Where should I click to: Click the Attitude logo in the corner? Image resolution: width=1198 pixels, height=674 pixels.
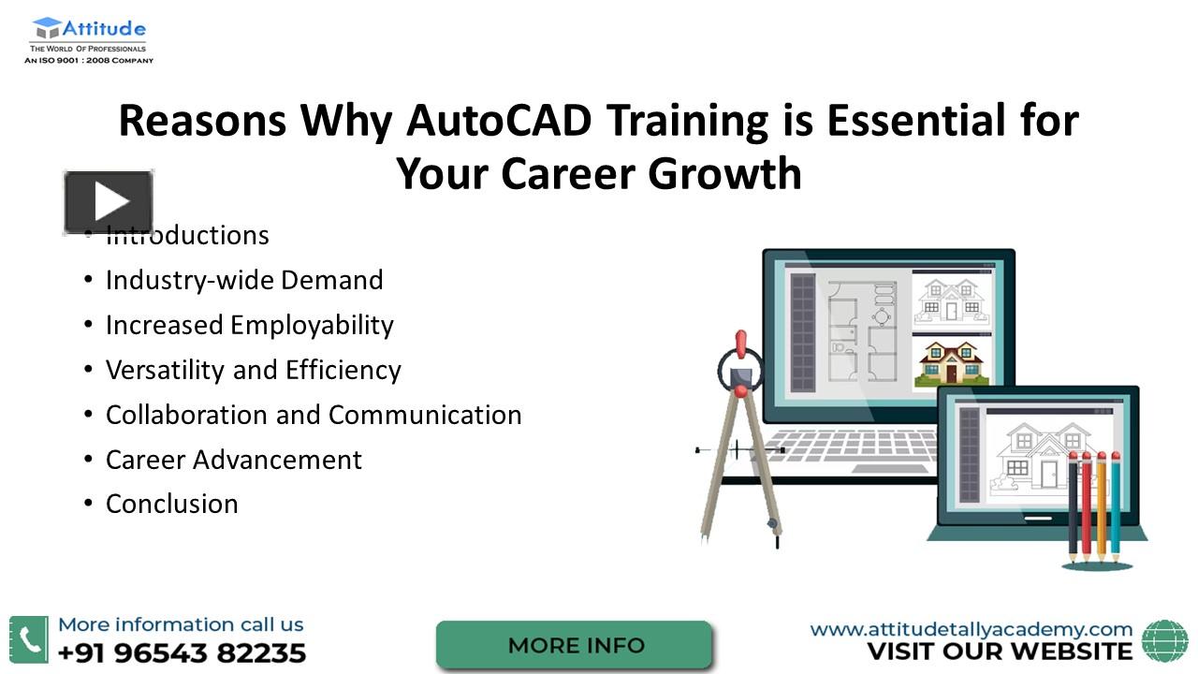tap(89, 40)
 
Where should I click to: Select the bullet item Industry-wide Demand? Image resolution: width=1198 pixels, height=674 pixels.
tap(244, 280)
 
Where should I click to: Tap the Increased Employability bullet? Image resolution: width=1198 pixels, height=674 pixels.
tap(249, 325)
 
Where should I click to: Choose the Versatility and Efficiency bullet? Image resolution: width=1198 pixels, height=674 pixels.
tap(253, 370)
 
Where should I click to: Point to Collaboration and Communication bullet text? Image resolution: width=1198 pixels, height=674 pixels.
tap(314, 415)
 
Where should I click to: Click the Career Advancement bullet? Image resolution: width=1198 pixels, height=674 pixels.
tap(233, 460)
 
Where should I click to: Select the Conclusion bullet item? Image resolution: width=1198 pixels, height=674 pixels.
tap(171, 504)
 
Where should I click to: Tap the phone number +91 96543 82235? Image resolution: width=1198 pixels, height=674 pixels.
tap(182, 652)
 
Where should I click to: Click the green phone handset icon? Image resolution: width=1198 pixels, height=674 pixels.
tap(29, 639)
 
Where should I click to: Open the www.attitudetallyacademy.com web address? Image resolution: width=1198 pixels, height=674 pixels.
tap(971, 629)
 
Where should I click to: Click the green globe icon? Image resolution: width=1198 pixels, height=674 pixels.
tap(1164, 640)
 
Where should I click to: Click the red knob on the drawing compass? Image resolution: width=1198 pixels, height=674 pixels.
tap(741, 344)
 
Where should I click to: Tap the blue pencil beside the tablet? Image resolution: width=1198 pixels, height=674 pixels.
tap(1115, 505)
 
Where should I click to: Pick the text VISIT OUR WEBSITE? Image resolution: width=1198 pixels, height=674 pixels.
tap(999, 652)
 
